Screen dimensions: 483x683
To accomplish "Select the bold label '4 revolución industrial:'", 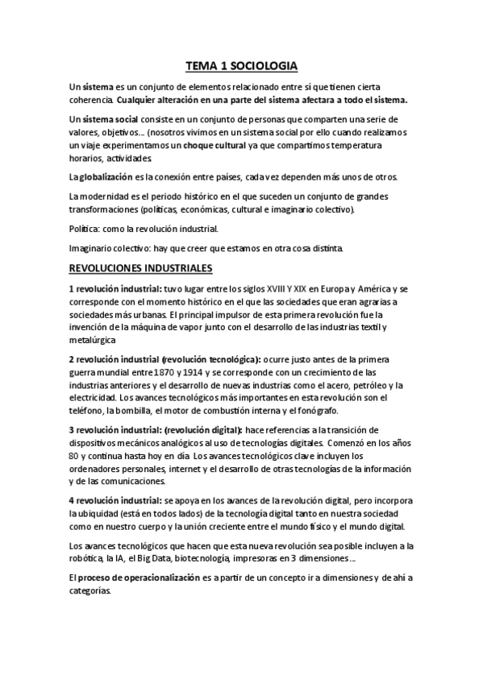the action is click(115, 499).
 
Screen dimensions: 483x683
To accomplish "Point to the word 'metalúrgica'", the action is click(97, 341).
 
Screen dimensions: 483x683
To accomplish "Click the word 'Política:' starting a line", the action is click(86, 230).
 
